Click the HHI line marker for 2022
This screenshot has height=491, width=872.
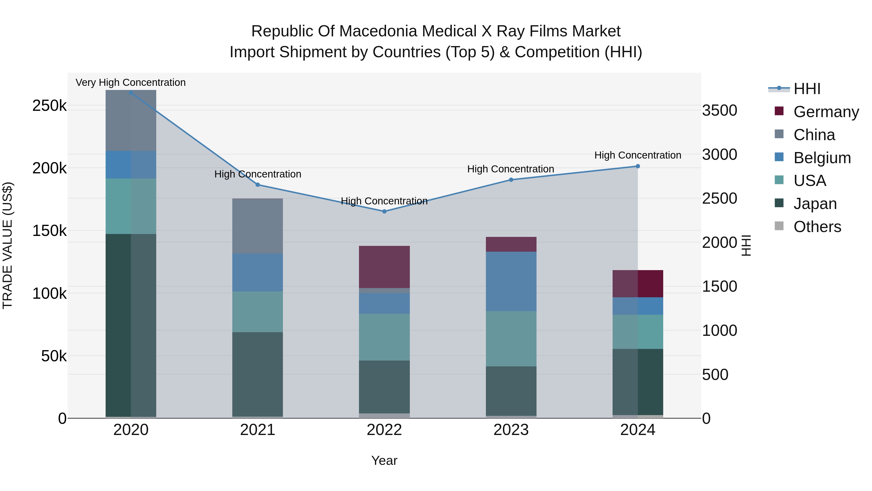(384, 211)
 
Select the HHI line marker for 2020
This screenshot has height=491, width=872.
(131, 93)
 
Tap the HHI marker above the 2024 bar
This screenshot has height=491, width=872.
(638, 166)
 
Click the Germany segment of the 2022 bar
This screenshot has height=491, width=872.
(384, 267)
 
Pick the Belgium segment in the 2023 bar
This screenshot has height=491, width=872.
(511, 281)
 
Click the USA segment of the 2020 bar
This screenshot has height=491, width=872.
(131, 206)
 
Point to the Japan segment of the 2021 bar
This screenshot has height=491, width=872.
(258, 374)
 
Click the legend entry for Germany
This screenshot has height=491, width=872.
(826, 112)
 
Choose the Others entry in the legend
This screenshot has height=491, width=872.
(817, 227)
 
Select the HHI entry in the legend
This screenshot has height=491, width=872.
(807, 89)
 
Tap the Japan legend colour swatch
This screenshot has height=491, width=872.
(779, 203)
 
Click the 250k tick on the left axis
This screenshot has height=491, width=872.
(49, 106)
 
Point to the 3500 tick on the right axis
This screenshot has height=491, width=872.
(720, 111)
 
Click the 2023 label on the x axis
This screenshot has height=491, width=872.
(511, 430)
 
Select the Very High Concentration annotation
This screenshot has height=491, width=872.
(131, 82)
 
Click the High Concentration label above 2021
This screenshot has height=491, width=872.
(258, 174)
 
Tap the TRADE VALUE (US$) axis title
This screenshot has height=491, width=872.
(8, 245)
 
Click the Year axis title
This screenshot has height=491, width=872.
(384, 460)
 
